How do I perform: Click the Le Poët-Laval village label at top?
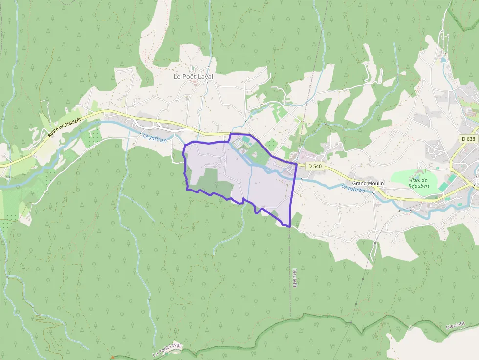tap(194, 77)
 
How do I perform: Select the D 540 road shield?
tap(315, 166)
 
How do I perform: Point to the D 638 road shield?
tap(468, 139)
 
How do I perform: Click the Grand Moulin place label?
tap(368, 183)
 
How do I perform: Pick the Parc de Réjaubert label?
tap(419, 183)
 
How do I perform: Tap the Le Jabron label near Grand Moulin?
tap(353, 188)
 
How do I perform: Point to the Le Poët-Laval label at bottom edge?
tap(167, 349)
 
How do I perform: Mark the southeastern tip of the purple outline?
tap(290, 227)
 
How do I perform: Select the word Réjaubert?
tap(419, 186)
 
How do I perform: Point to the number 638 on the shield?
tap(470, 139)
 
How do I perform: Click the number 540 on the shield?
tap(318, 166)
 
